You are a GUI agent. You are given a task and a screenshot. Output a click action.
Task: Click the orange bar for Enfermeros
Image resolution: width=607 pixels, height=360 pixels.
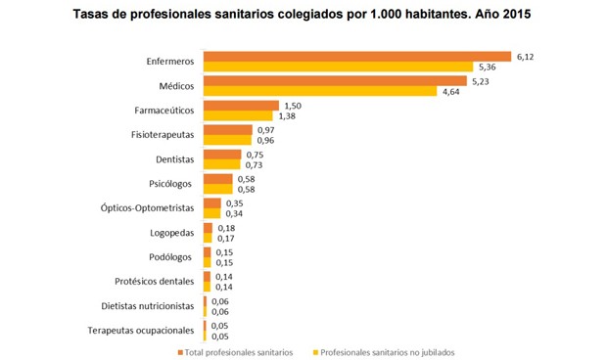click(x=356, y=56)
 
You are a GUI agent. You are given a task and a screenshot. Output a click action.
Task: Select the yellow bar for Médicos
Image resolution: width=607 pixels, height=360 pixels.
click(x=319, y=92)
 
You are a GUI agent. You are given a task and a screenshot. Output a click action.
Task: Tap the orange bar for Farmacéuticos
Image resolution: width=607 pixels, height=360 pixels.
click(x=240, y=106)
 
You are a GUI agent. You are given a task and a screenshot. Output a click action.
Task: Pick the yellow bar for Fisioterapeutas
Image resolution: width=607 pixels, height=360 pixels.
click(x=226, y=141)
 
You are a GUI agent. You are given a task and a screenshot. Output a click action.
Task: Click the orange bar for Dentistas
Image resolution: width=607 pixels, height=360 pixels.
click(x=221, y=155)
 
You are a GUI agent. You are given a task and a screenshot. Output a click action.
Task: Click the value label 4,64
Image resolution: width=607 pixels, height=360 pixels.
click(x=452, y=92)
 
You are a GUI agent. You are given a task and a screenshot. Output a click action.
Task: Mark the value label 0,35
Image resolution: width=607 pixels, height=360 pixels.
click(x=235, y=202)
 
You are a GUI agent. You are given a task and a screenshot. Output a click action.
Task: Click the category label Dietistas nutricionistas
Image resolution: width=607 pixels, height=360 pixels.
click(x=147, y=306)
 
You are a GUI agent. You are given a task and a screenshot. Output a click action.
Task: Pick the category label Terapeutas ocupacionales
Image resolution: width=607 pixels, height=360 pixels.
click(x=142, y=331)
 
